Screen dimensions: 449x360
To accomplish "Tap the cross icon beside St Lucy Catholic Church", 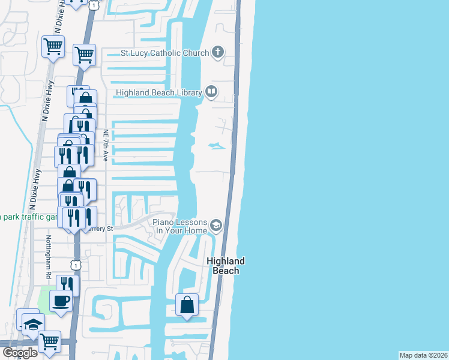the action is pyautogui.click(x=217, y=53).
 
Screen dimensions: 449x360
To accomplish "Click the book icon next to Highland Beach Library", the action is pyautogui.click(x=211, y=92).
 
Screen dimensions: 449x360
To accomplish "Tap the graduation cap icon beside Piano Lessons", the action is pyautogui.click(x=215, y=226).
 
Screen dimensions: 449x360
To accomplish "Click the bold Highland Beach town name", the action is pyautogui.click(x=226, y=266).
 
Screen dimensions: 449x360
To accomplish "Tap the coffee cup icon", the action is pyautogui.click(x=61, y=299).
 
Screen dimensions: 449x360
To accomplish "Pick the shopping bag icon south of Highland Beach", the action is pyautogui.click(x=187, y=305).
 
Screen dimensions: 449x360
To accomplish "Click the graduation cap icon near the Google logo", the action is pyautogui.click(x=32, y=325).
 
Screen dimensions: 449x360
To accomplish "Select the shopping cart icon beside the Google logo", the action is pyautogui.click(x=49, y=341).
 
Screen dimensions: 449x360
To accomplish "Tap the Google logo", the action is pyautogui.click(x=20, y=353).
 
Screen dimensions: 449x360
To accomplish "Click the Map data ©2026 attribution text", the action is pyautogui.click(x=423, y=355).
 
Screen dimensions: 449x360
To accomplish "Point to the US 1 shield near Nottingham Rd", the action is pyautogui.click(x=75, y=265).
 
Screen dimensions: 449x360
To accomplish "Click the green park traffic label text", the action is pyautogui.click(x=27, y=216).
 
